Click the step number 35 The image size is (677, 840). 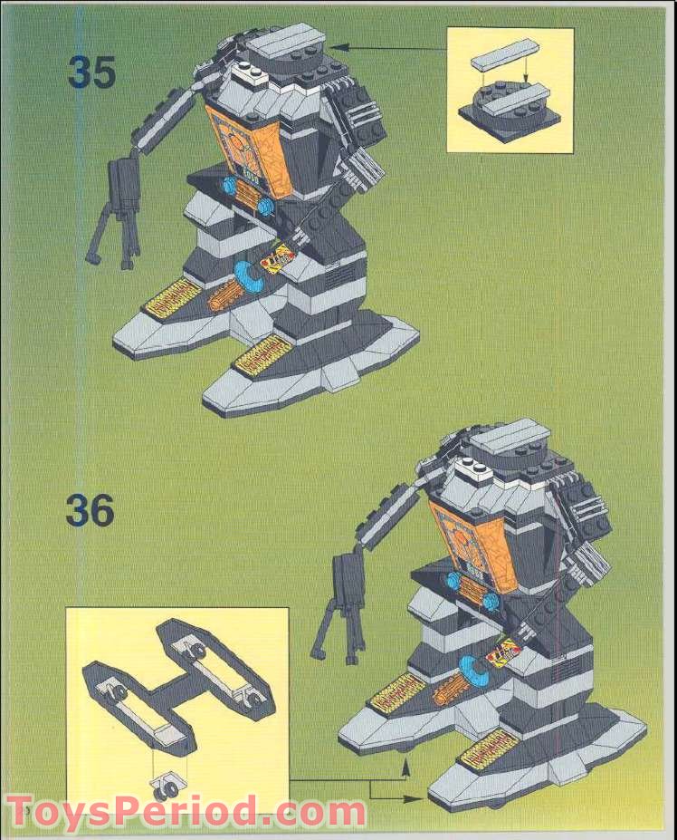point(91,73)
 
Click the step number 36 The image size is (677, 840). point(90,512)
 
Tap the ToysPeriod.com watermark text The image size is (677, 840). point(186,809)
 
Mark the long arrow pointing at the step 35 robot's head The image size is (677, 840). point(389,45)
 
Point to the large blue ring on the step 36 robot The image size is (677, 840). point(470,672)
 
